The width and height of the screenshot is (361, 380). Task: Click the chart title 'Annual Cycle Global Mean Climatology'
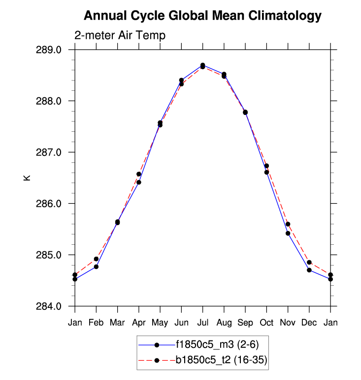(x=202, y=16)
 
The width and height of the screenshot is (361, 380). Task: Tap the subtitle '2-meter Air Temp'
(x=120, y=36)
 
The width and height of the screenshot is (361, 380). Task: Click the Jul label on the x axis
(x=202, y=322)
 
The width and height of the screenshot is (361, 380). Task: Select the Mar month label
(x=117, y=322)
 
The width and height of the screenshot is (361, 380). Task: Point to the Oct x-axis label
(x=266, y=322)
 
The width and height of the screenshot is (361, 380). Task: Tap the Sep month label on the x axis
(x=245, y=322)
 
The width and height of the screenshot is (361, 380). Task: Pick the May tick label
(x=160, y=322)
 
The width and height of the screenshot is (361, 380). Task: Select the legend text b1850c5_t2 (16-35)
(x=221, y=360)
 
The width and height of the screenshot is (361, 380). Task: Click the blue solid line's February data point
(x=96, y=266)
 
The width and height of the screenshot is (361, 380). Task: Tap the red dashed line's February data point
(x=96, y=259)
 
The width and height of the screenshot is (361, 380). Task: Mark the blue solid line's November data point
(x=288, y=233)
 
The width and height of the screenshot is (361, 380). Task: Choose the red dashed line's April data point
(x=139, y=174)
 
